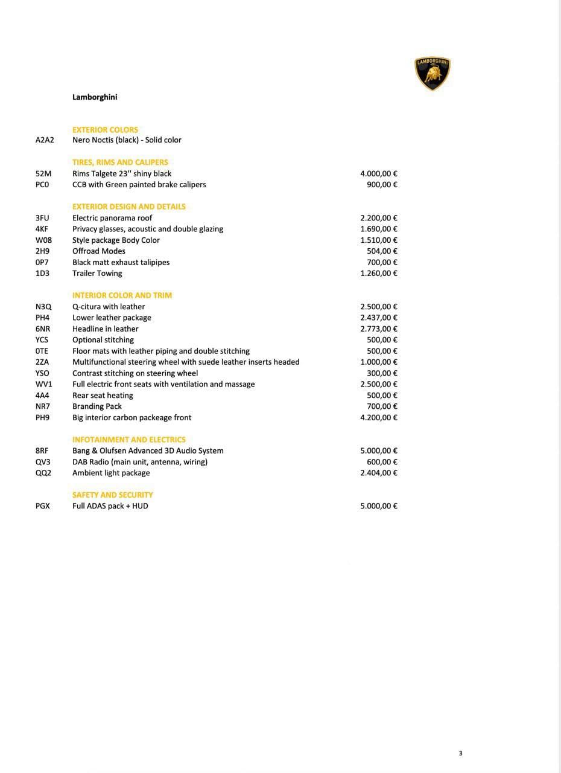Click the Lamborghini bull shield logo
point(433,74)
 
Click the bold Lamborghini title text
point(95,97)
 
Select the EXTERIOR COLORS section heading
point(105,130)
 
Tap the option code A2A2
point(45,140)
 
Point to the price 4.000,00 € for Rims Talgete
point(379,174)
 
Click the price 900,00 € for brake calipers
point(382,185)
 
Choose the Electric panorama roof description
point(112,218)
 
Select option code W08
point(43,240)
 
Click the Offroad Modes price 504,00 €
point(382,251)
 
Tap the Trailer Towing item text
point(97,274)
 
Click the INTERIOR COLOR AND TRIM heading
point(122,295)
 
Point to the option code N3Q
point(43,307)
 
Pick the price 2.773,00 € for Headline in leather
point(379,329)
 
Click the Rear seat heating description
point(103,396)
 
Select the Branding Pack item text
point(97,406)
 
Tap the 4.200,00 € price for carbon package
point(379,418)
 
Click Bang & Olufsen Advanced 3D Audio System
point(148,451)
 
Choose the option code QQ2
point(43,473)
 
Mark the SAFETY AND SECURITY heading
point(113,495)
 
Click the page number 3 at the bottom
point(460,753)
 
